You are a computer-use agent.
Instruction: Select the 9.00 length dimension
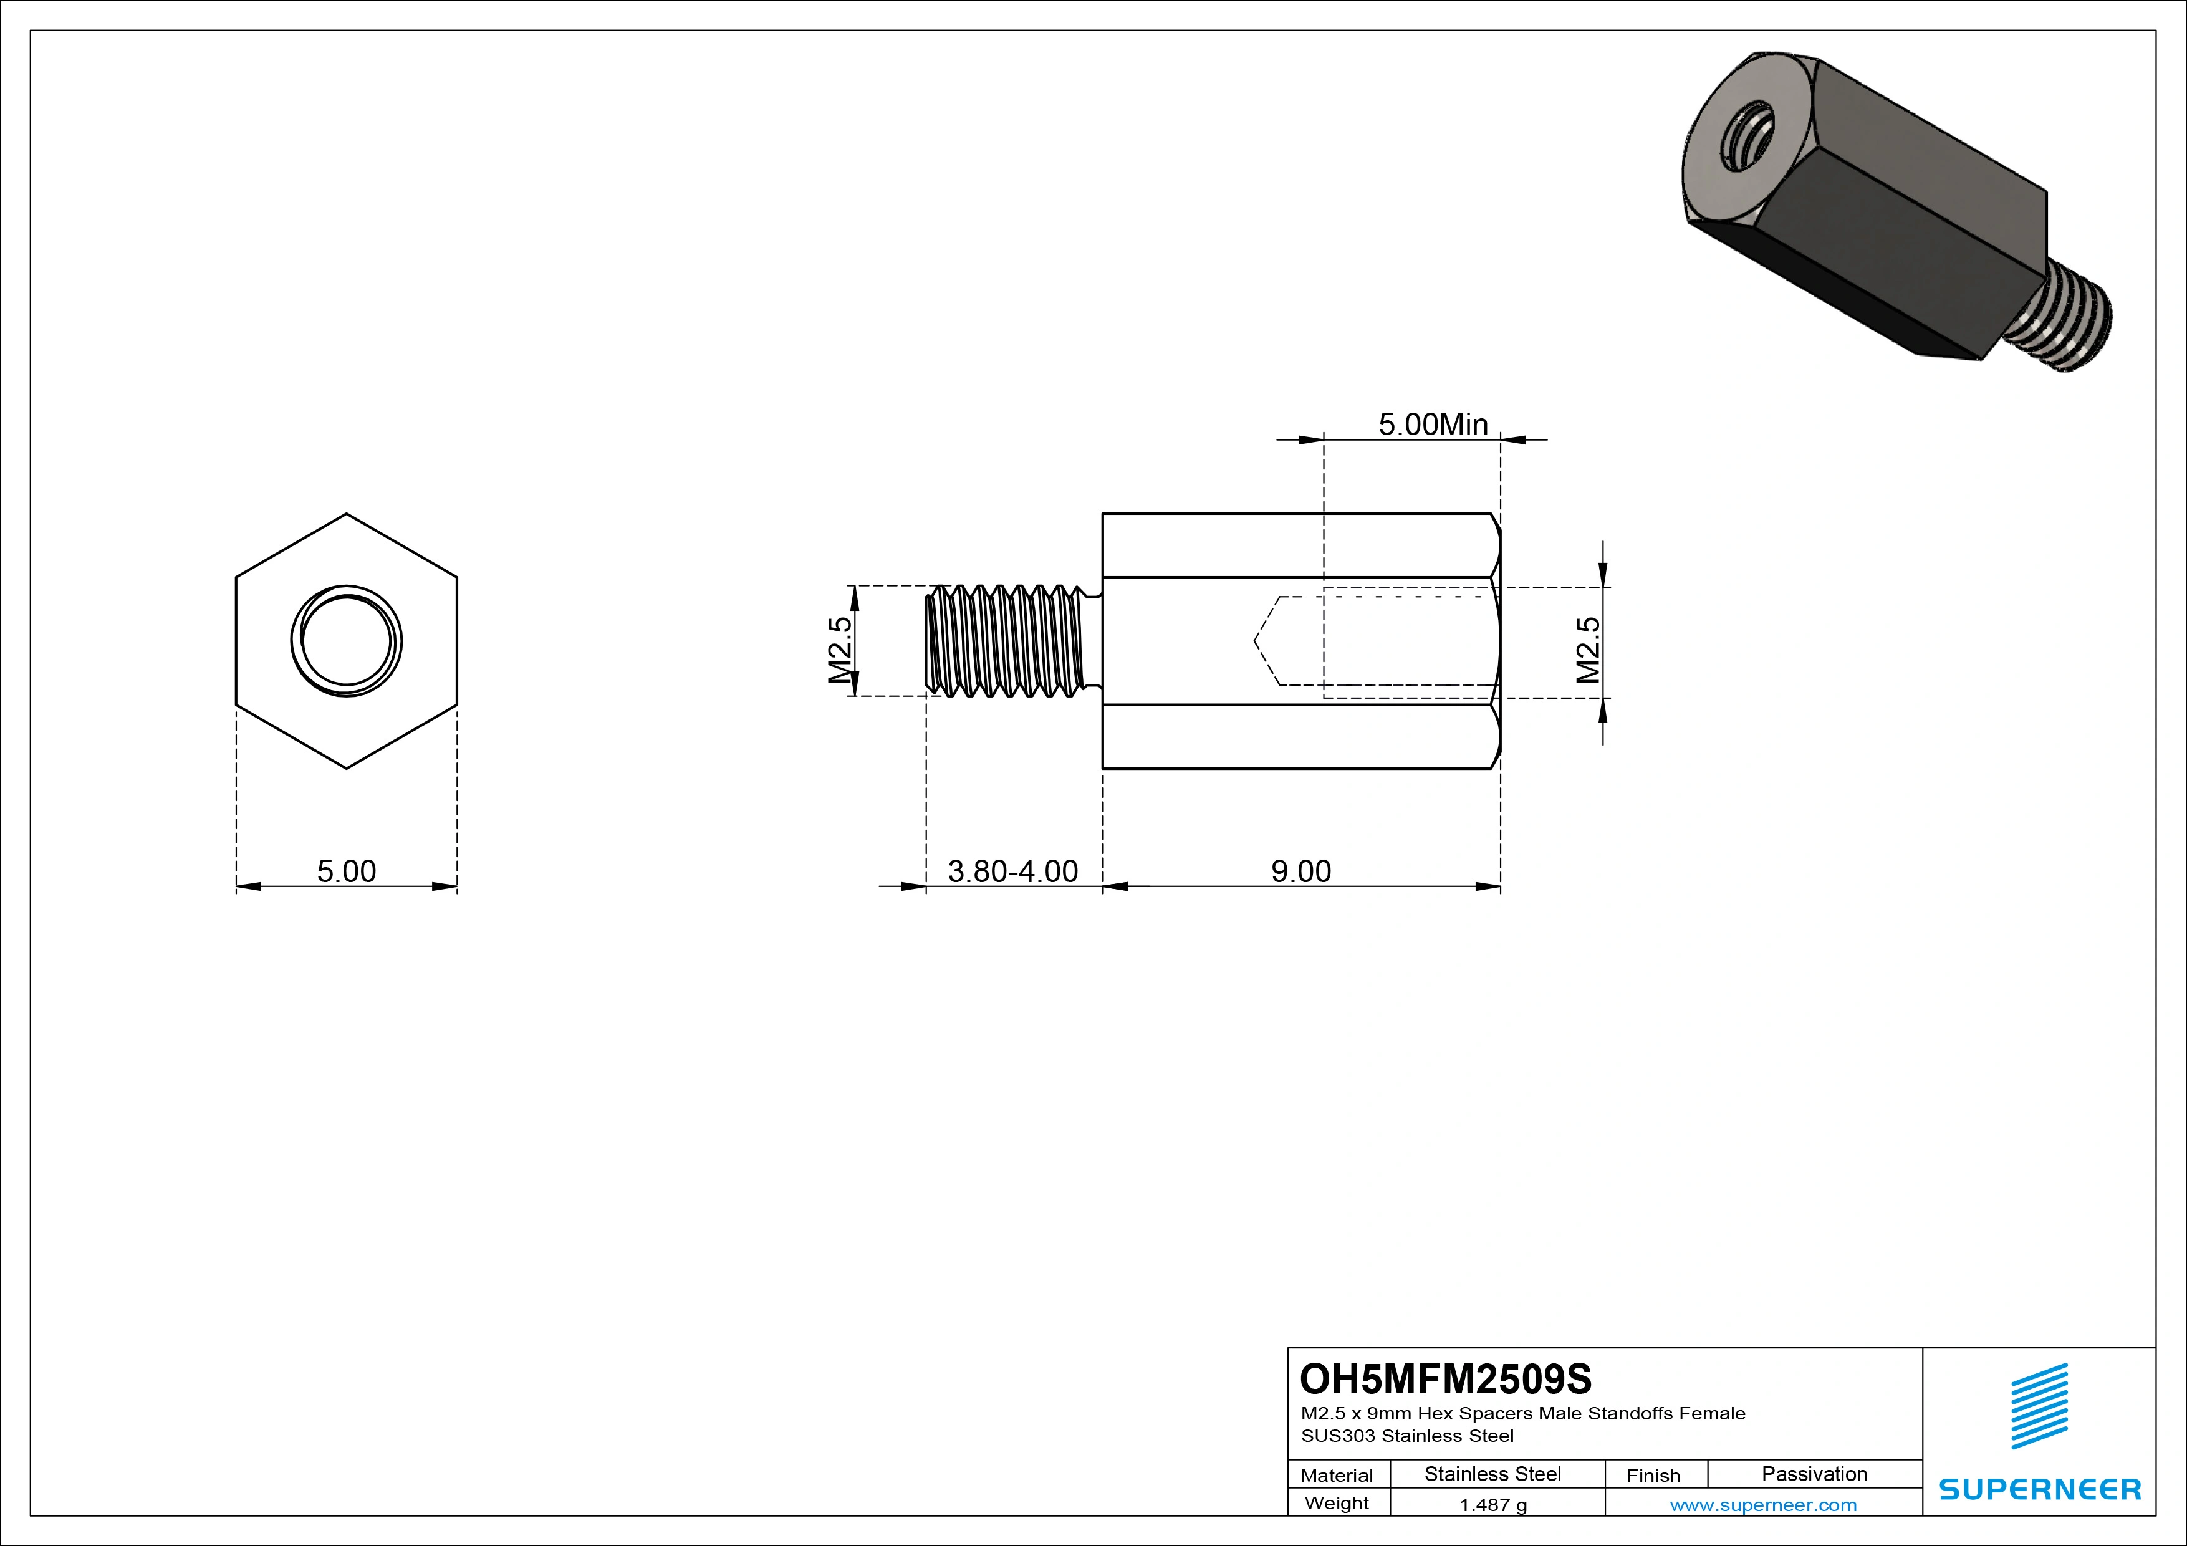1300,871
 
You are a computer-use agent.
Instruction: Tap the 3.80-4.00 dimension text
1012,871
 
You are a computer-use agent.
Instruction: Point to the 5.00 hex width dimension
346,871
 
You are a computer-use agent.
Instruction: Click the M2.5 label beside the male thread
839,651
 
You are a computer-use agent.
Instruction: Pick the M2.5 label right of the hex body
1588,651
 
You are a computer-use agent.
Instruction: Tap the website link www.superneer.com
1762,1505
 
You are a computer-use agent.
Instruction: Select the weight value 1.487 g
1492,1505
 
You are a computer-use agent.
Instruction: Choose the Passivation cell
1814,1474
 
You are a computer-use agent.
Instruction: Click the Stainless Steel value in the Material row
1492,1474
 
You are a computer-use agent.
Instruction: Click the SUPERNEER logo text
2039,1489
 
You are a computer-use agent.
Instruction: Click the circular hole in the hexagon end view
346,641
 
